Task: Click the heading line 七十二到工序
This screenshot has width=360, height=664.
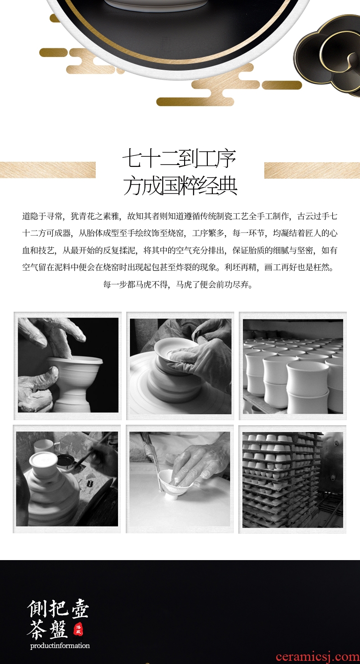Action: (180, 159)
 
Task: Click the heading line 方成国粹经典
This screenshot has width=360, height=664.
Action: (180, 186)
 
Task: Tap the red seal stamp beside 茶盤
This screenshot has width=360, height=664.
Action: (78, 630)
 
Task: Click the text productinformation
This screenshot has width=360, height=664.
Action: (60, 645)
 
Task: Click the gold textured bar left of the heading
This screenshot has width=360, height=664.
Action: (48, 170)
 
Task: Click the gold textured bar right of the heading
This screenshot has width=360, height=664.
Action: (312, 170)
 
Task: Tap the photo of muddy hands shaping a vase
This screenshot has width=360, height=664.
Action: (68, 365)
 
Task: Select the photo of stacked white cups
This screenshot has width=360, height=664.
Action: (293, 366)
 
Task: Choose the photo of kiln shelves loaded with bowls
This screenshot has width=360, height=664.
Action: (293, 479)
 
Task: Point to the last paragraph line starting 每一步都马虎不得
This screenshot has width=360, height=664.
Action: (178, 285)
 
